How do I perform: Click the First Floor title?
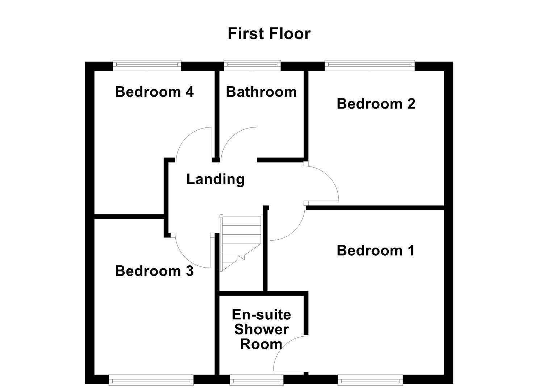269,34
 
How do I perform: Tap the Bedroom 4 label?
154,92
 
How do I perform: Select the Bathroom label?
261,92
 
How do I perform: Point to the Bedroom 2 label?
376,104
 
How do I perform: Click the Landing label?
215,179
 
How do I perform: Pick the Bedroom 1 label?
375,251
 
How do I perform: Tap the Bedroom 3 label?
154,271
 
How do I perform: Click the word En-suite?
261,315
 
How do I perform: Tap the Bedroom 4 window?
147,66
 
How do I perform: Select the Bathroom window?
252,66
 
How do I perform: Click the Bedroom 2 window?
369,66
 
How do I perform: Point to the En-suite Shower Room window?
257,380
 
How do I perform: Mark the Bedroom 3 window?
151,380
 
